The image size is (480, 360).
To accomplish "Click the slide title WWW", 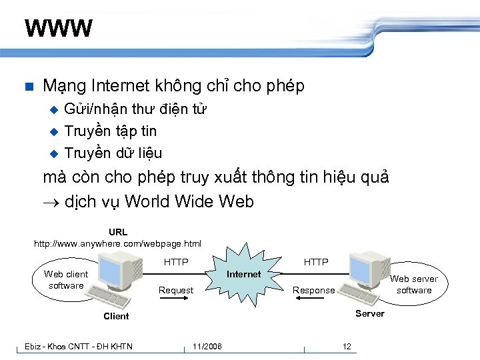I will point(59,29).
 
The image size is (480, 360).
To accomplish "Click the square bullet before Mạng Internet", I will point(28,87).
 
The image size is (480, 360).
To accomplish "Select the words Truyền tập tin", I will point(110,131).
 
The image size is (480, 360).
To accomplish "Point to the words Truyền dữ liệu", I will point(113,153).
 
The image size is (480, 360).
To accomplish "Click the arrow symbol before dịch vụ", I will point(51,202).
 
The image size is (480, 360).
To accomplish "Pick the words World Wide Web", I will point(189,201).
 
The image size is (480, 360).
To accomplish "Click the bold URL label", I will point(118,232).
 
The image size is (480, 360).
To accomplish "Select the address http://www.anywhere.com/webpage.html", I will point(117,244).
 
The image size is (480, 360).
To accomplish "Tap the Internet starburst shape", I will point(244,275).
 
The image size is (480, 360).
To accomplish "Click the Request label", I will point(176,291).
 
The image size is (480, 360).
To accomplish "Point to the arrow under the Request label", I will point(176,299).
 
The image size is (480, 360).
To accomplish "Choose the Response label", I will point(314,291).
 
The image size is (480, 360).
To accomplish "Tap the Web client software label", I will point(66,280).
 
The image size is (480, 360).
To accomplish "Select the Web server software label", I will point(414,285).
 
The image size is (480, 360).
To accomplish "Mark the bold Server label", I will point(369,314).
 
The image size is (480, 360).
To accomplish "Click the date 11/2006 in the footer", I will point(207,346).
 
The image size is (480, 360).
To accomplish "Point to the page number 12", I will point(347,346).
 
